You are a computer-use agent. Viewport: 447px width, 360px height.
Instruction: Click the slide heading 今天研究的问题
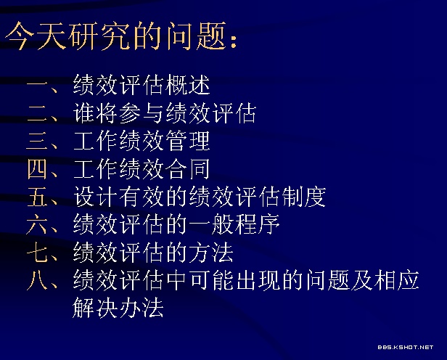pos(115,36)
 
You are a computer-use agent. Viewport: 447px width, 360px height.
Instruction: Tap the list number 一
pos(36,85)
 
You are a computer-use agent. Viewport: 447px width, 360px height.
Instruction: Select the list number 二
pos(36,113)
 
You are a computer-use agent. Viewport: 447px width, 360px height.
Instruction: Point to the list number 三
pos(36,141)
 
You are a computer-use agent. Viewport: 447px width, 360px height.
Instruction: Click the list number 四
pos(37,168)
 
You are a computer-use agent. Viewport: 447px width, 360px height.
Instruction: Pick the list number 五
pos(37,197)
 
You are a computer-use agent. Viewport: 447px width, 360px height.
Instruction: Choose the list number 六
pos(36,224)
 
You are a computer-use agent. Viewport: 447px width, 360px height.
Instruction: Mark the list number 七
pos(37,252)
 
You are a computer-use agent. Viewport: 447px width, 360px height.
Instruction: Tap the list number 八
pos(37,280)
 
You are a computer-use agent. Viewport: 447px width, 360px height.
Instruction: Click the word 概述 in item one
pos(188,85)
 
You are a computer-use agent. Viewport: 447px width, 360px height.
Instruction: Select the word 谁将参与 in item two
pos(118,113)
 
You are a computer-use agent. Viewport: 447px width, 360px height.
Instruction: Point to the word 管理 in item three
pos(188,141)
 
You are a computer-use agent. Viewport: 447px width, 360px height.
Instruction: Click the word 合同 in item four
pos(188,168)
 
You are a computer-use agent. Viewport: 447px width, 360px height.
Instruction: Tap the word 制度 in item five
pos(303,197)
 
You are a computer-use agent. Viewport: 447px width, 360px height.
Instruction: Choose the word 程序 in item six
pos(257,224)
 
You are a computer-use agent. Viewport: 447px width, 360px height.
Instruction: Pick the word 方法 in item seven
pos(211,252)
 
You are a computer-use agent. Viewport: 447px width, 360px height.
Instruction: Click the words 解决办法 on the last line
pos(118,307)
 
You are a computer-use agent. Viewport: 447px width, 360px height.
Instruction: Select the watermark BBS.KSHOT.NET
pos(406,347)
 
